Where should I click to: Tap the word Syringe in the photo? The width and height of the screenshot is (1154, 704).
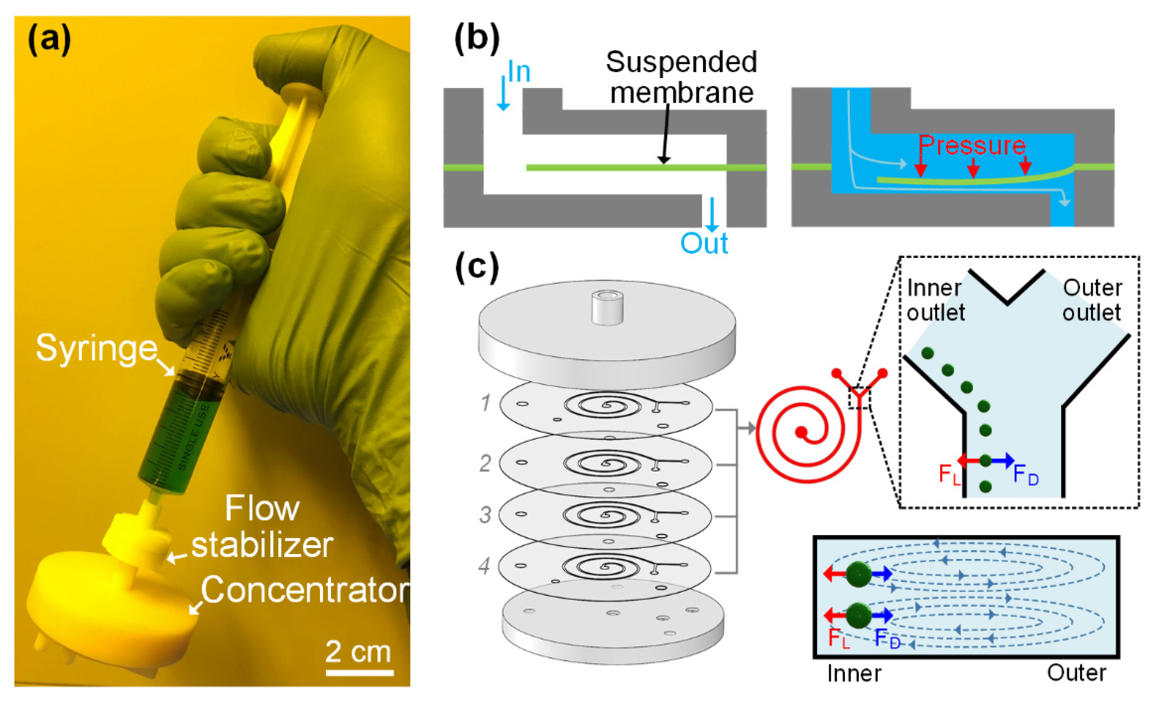(96, 348)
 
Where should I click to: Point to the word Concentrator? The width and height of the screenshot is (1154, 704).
(304, 590)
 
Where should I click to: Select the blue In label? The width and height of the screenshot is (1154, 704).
(519, 72)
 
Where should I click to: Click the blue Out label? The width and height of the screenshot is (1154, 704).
(704, 243)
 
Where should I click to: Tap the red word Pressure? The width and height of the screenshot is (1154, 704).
(972, 145)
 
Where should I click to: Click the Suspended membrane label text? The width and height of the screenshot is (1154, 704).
(681, 77)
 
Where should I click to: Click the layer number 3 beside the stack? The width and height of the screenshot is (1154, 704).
(485, 515)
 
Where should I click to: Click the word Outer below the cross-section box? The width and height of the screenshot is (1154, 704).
(1076, 673)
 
